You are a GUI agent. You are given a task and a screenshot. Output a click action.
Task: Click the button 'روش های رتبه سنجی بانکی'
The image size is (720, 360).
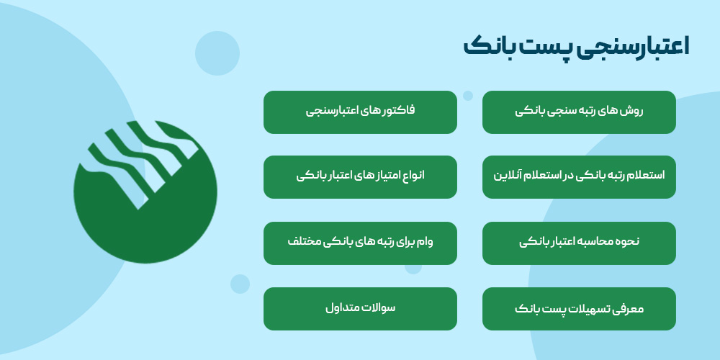[579, 112]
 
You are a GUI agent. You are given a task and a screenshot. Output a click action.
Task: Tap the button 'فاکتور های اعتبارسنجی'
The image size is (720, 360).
[360, 112]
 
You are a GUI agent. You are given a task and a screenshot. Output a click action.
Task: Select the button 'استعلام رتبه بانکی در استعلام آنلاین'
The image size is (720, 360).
[579, 176]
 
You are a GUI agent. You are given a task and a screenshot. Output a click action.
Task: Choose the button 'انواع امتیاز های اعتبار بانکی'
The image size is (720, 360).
[360, 176]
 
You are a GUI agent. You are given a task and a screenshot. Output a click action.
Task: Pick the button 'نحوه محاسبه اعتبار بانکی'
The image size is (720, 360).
[579, 243]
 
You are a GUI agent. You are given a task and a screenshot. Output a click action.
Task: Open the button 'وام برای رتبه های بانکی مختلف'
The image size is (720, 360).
[360, 243]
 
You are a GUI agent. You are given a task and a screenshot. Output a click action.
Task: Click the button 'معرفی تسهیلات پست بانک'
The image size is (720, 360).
[579, 309]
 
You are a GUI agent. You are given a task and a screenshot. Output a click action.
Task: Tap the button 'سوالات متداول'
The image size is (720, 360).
[360, 309]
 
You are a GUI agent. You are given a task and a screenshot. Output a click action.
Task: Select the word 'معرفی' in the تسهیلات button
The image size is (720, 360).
[629, 309]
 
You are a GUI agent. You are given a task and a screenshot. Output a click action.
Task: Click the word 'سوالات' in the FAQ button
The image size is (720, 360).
[379, 308]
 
